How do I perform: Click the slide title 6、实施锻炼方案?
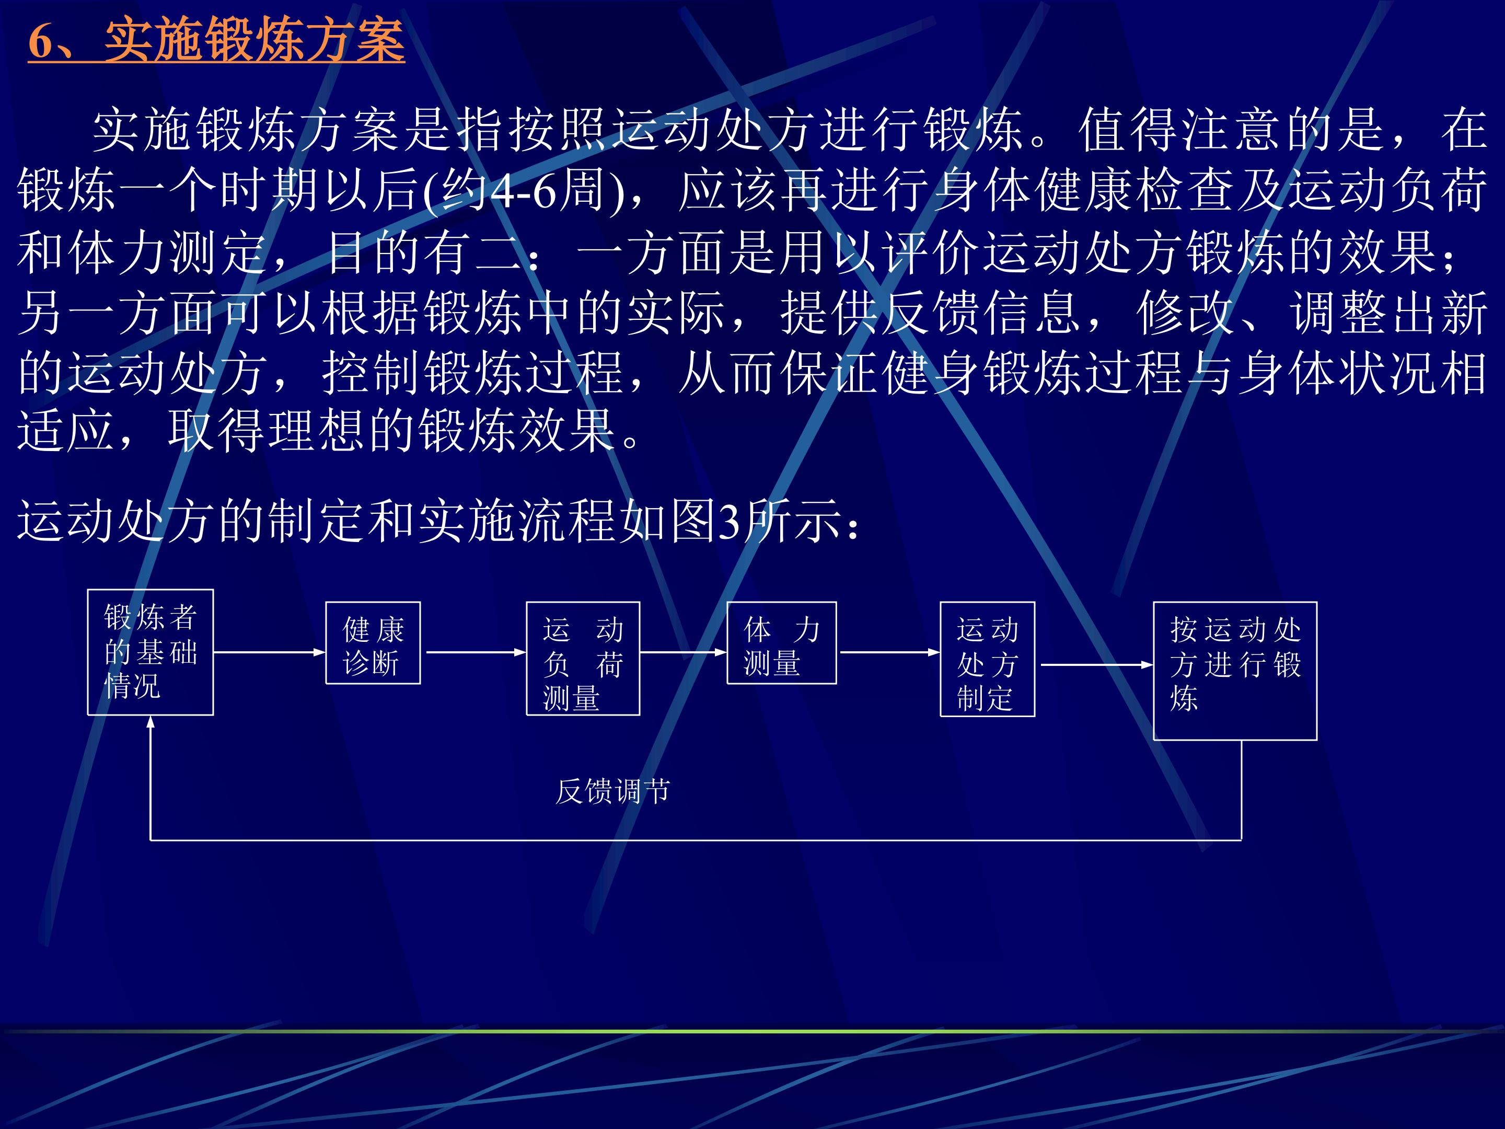point(216,41)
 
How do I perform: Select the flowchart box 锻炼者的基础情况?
point(150,652)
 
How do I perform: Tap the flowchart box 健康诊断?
point(373,643)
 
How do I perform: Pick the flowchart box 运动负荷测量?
point(583,659)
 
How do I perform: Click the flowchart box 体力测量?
point(782,643)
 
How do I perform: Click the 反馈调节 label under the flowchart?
point(613,791)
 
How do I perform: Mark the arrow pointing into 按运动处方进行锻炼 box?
point(1097,665)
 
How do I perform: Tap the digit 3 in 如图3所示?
point(728,523)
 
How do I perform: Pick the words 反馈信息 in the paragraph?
point(981,313)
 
